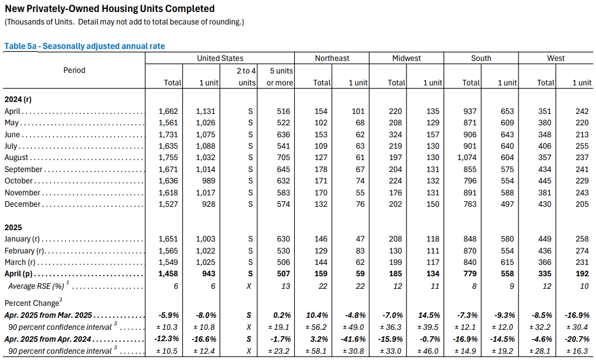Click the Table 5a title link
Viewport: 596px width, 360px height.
point(85,46)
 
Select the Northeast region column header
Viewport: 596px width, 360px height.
point(332,58)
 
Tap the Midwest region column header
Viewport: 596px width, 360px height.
point(406,58)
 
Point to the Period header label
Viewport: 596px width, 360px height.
point(74,70)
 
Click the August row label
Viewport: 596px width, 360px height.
point(16,158)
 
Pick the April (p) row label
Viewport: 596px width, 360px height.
point(18,273)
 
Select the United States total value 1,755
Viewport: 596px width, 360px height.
point(168,158)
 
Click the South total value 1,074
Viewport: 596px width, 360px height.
point(467,158)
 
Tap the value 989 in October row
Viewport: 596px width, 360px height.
point(209,181)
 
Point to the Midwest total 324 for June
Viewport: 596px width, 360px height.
point(395,134)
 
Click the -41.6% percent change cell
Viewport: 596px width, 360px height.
point(354,339)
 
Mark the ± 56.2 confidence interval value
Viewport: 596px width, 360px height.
point(316,327)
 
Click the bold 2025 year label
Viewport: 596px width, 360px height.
point(13,228)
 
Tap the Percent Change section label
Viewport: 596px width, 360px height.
point(34,302)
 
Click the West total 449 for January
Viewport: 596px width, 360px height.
point(544,239)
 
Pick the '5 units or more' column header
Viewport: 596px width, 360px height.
point(279,76)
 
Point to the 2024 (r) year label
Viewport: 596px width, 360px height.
point(18,99)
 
